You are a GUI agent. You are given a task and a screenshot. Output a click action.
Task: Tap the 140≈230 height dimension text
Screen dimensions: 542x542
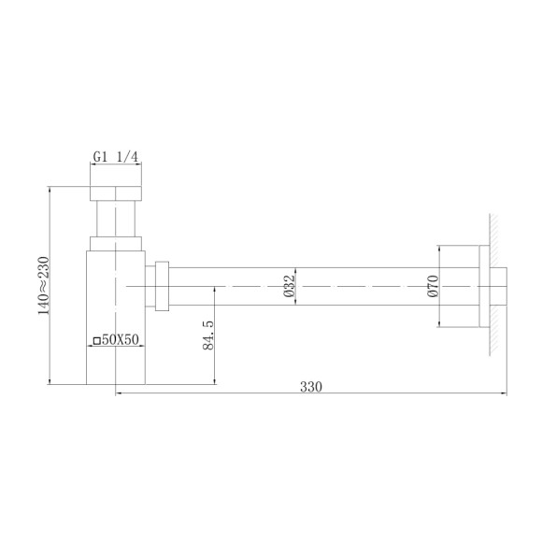tap(43, 285)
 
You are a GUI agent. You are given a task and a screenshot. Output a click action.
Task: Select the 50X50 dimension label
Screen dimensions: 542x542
tap(121, 341)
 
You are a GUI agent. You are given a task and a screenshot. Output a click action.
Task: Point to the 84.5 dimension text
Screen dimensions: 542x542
tap(207, 335)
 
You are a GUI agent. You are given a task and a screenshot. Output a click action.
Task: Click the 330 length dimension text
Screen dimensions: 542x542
tap(311, 386)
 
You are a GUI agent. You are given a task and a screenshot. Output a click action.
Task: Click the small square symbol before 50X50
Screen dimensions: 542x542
tap(96, 341)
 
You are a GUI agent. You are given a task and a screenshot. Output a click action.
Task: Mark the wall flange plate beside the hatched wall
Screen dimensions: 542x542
tap(482, 286)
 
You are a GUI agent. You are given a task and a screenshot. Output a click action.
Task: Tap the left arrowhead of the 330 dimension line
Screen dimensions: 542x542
tap(120, 393)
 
